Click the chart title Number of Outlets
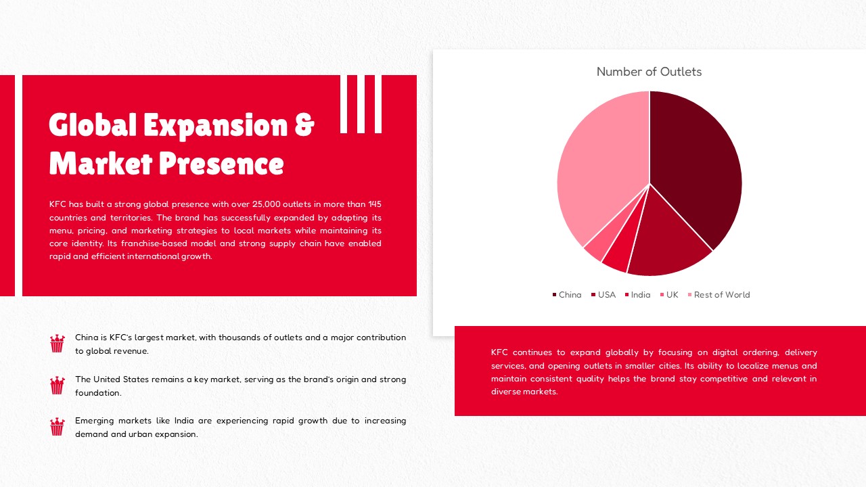(x=649, y=72)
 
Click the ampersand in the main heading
(x=304, y=125)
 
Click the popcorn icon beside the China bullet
(x=58, y=344)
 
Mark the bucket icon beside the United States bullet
(x=58, y=386)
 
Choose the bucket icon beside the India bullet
(x=58, y=427)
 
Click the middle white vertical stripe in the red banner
(x=361, y=104)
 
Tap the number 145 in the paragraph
(x=374, y=204)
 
